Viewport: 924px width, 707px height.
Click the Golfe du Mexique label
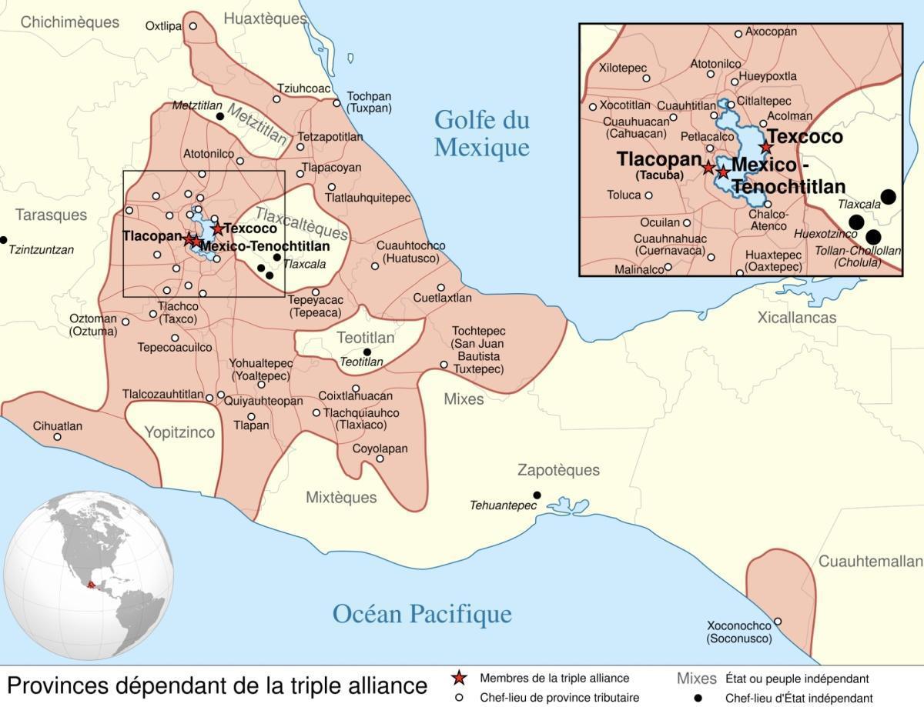482,133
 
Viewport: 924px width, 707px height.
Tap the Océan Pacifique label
422,613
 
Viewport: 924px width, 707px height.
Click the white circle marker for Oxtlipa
193,26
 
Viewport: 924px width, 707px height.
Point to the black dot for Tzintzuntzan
4,240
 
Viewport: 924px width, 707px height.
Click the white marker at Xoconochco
778,622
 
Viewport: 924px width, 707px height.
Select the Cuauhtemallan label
869,562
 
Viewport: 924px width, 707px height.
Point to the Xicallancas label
796,318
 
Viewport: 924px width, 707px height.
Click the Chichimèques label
69,22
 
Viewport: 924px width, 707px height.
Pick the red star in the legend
459,679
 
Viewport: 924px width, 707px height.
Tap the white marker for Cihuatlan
57,437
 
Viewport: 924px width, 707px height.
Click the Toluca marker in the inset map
648,195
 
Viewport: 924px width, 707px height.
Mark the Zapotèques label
558,470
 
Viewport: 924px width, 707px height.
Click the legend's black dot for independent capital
698,698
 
